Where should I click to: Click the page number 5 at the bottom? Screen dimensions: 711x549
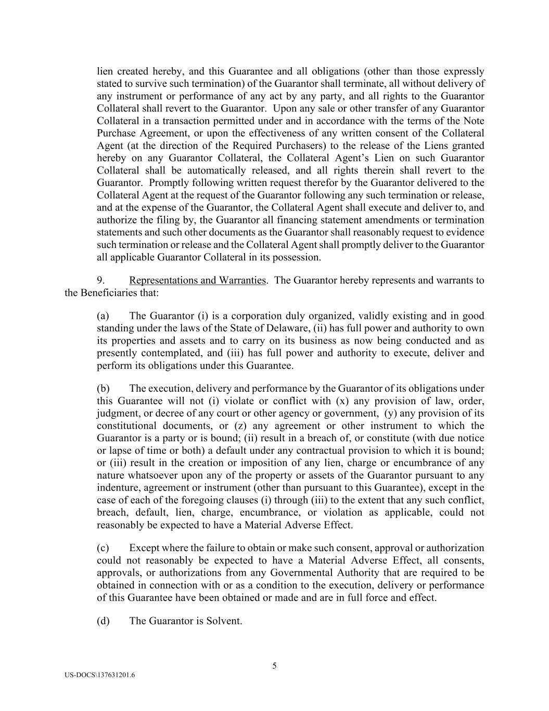click(274, 665)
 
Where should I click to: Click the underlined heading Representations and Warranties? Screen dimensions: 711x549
click(197, 280)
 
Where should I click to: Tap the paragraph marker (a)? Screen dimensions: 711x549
click(103, 316)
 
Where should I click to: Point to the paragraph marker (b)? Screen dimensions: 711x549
click(103, 389)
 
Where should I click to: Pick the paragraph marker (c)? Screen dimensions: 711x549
click(103, 548)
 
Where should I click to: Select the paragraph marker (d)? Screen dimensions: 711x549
click(103, 621)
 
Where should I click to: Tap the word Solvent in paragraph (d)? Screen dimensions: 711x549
click(224, 621)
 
